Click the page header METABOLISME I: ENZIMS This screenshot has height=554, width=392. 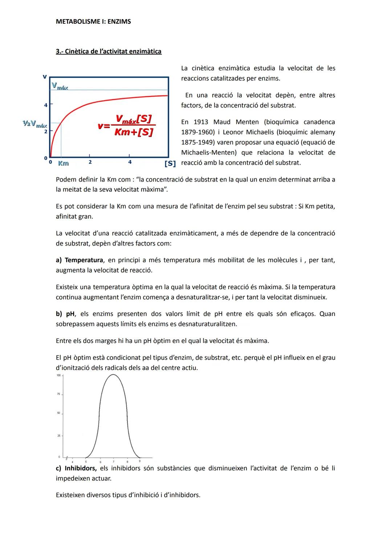click(93, 22)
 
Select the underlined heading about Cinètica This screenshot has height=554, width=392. click(109, 52)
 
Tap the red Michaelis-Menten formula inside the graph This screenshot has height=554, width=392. click(126, 126)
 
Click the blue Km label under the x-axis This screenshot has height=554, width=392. click(63, 163)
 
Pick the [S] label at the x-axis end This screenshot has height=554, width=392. click(170, 163)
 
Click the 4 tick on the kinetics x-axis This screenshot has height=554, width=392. click(130, 162)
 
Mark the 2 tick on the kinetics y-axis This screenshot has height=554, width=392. click(46, 131)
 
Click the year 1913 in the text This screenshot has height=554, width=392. click(201, 122)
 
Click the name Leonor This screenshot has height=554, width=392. click(232, 132)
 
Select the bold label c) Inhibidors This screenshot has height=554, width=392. click(76, 468)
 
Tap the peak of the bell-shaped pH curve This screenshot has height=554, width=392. click(113, 375)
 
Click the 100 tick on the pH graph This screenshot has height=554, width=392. click(59, 375)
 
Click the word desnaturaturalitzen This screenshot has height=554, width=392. click(207, 324)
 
